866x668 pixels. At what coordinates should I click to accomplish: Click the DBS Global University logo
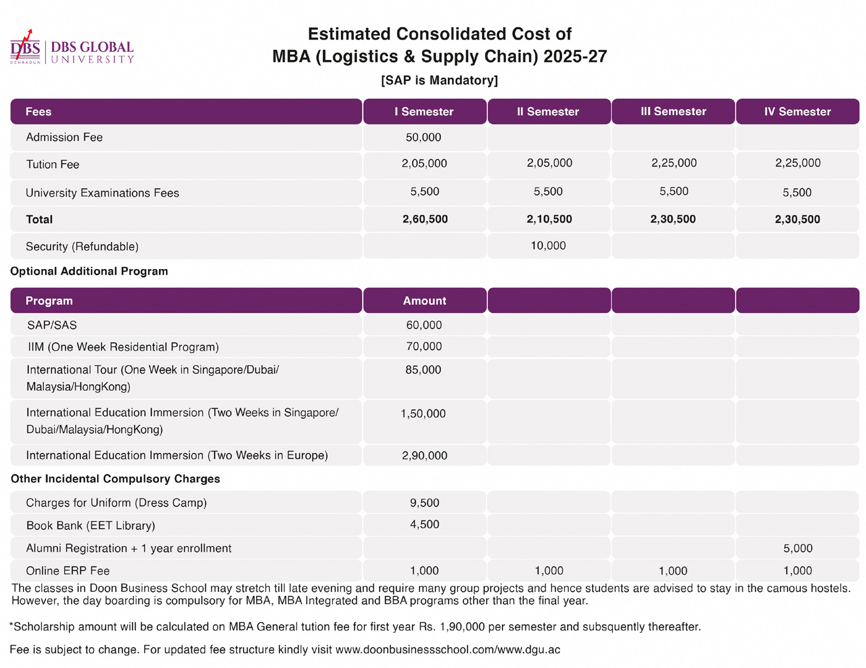(x=72, y=47)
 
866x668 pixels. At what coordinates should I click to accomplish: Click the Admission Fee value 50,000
(x=423, y=137)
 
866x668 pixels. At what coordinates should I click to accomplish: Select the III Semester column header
(x=673, y=111)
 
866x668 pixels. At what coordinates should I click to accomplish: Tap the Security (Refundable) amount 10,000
(x=548, y=246)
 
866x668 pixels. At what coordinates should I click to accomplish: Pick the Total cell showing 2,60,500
(x=425, y=219)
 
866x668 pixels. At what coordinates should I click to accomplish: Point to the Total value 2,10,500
(x=549, y=219)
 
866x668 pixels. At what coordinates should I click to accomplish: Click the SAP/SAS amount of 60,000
(x=424, y=325)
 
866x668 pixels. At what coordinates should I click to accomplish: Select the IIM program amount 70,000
(x=424, y=346)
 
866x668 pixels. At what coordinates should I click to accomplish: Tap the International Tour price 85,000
(x=423, y=370)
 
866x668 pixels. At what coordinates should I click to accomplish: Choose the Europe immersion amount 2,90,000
(x=424, y=455)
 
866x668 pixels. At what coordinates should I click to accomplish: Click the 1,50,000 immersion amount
(x=423, y=413)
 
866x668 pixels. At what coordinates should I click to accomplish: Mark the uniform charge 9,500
(x=424, y=503)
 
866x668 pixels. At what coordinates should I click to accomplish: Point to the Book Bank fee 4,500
(x=424, y=525)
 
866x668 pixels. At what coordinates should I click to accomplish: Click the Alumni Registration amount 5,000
(x=798, y=548)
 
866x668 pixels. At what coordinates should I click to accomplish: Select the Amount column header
(x=424, y=301)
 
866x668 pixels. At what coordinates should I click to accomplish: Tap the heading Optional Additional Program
(x=89, y=272)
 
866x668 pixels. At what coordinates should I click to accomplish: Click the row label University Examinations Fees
(x=103, y=193)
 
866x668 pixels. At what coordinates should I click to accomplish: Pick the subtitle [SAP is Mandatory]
(x=440, y=80)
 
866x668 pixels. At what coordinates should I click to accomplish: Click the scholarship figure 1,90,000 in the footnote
(x=462, y=627)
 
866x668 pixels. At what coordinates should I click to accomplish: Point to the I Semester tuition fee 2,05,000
(x=424, y=163)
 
